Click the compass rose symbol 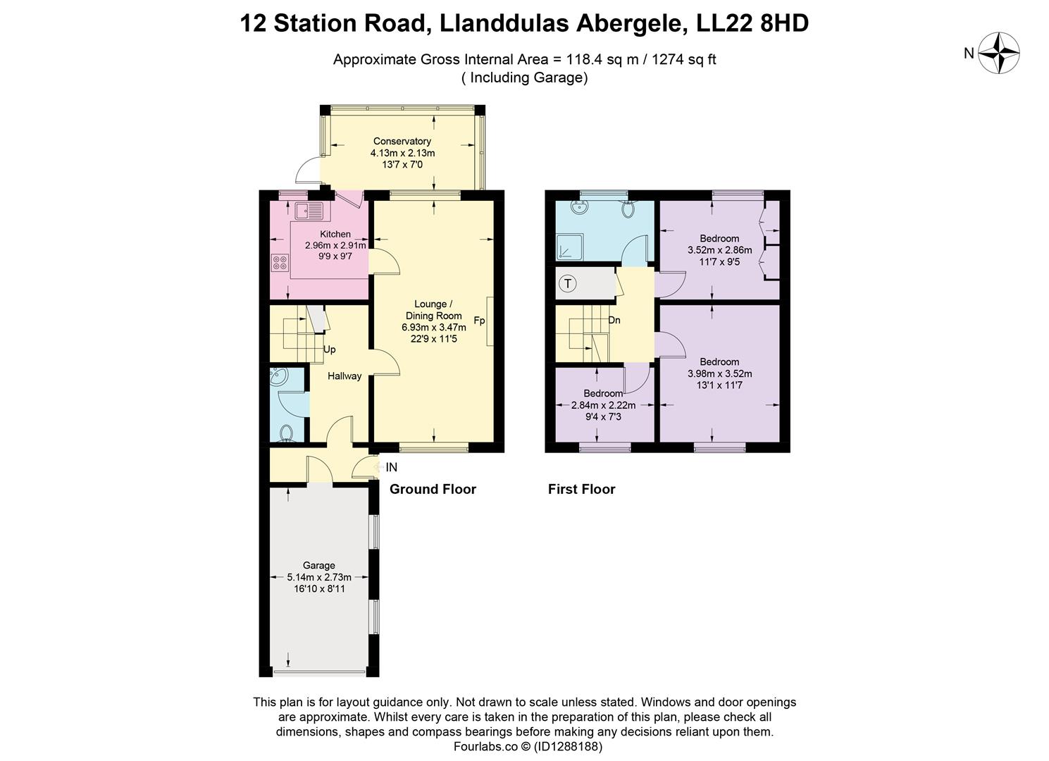click(x=1000, y=53)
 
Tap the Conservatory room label click(x=402, y=142)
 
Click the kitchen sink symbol click(x=309, y=209)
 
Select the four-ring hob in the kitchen click(x=280, y=262)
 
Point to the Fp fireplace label click(x=479, y=321)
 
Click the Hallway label click(x=345, y=376)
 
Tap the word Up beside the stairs click(x=329, y=349)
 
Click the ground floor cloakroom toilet click(x=287, y=433)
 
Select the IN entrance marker click(x=391, y=467)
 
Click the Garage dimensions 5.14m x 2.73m click(x=318, y=577)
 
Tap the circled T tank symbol click(x=568, y=284)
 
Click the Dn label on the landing click(x=614, y=320)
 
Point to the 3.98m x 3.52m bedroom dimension click(x=719, y=374)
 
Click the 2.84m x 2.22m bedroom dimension click(x=603, y=405)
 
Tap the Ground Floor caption click(x=433, y=489)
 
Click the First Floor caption click(x=581, y=489)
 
